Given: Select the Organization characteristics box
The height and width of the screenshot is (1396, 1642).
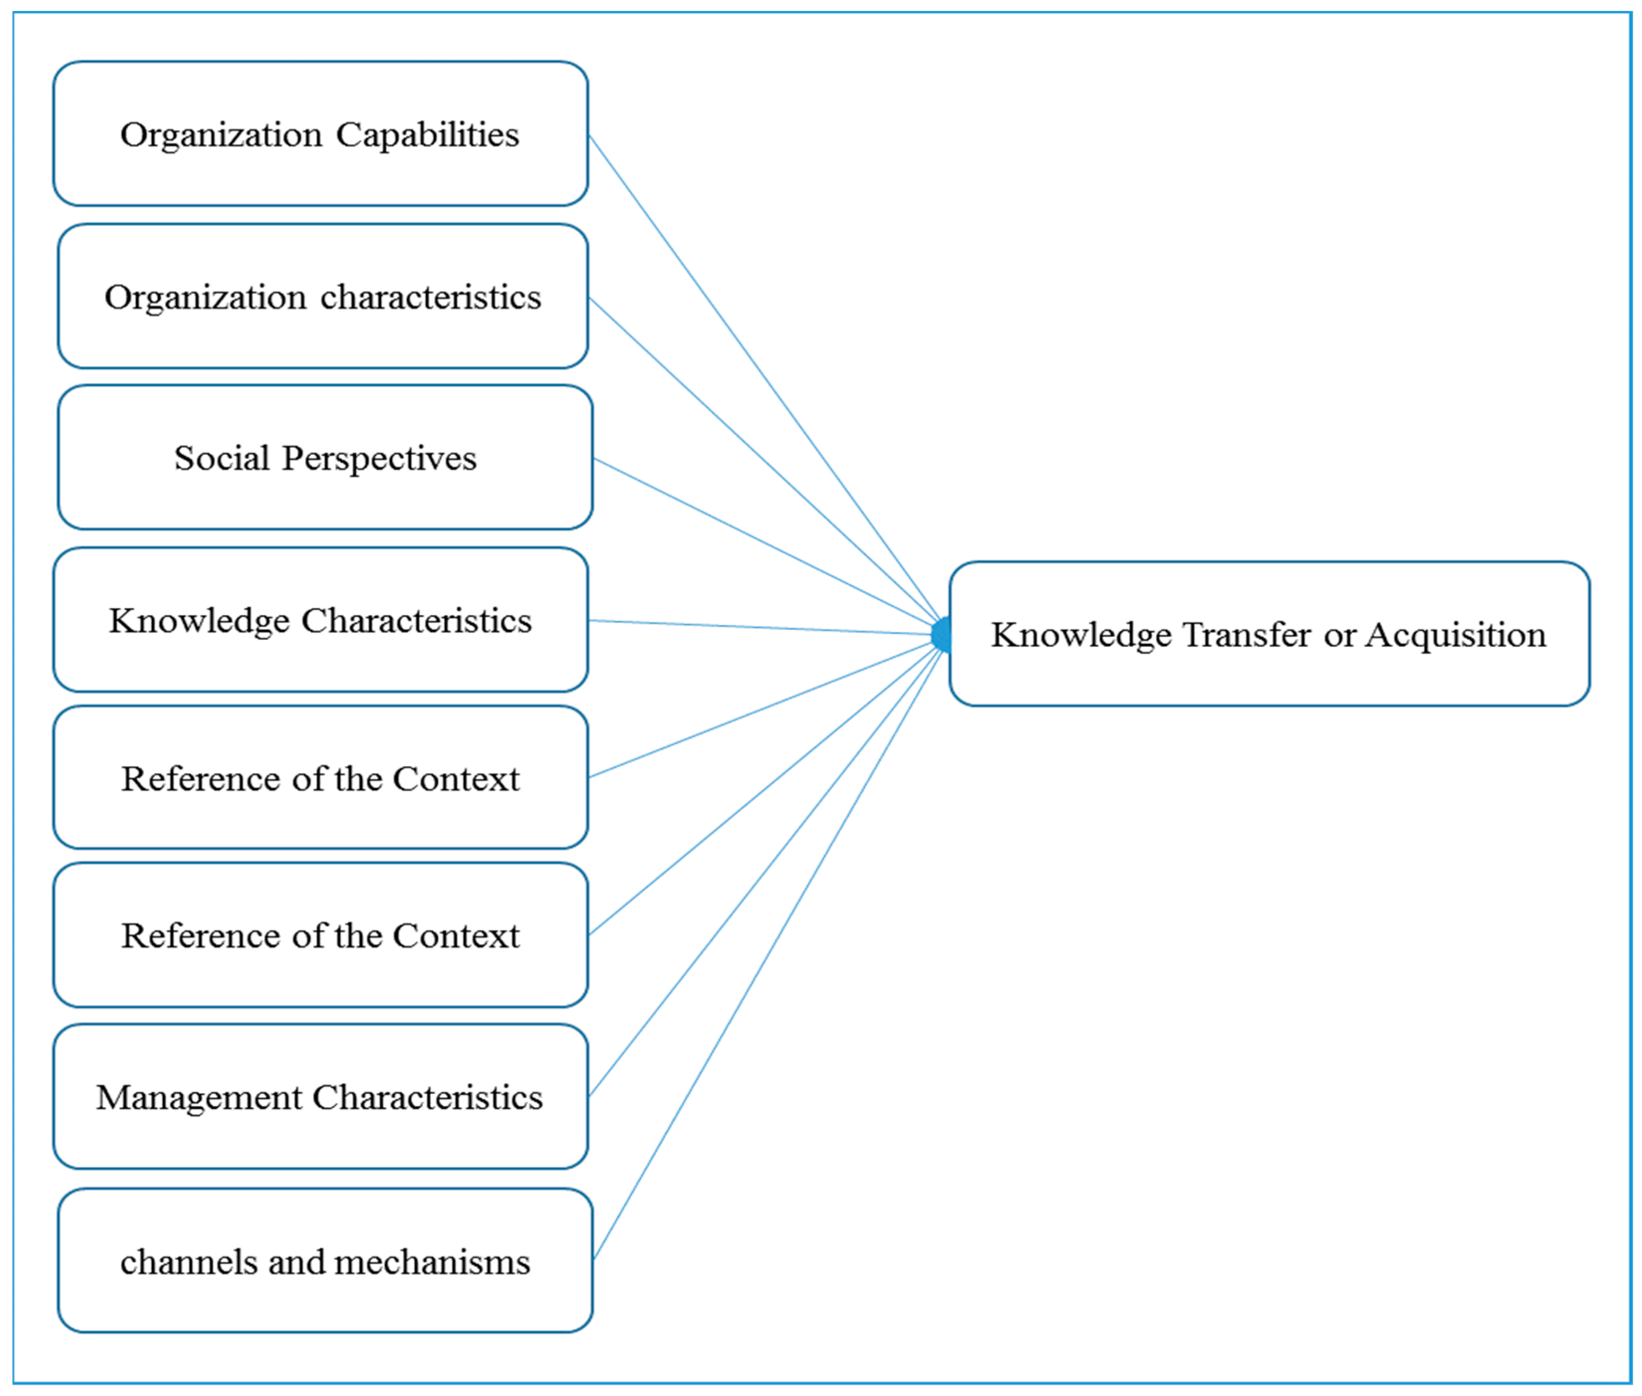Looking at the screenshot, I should pos(322,296).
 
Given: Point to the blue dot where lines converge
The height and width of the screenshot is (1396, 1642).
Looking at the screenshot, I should pos(941,635).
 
